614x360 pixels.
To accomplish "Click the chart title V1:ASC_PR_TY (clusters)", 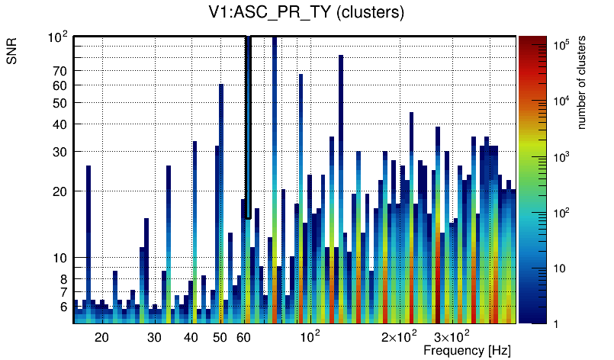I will (x=306, y=13).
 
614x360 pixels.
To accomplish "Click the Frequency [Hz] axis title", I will (x=467, y=351).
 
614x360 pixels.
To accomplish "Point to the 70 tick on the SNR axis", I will (x=60, y=71).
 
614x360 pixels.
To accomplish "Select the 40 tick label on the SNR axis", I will (x=60, y=124).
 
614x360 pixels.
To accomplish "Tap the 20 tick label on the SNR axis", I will (x=60, y=191).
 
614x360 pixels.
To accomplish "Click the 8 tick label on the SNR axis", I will (x=63, y=279).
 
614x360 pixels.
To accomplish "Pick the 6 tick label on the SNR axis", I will (x=63, y=307).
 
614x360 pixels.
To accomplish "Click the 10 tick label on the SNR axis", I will (x=60, y=258).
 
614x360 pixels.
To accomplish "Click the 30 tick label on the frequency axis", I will (x=154, y=337).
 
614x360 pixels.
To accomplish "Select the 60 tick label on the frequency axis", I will (x=244, y=337).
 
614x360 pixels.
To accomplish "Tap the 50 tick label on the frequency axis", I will (x=220, y=337).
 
